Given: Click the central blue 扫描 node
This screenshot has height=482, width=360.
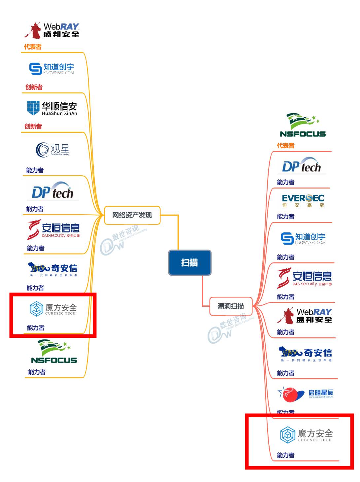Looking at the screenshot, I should click(190, 263).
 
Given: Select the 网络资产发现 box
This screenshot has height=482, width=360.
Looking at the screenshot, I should click(132, 215).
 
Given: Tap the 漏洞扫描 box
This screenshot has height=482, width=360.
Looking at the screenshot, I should click(231, 306).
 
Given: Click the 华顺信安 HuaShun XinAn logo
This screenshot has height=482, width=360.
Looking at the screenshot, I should click(52, 108).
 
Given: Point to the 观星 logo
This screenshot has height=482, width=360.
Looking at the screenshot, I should click(53, 150).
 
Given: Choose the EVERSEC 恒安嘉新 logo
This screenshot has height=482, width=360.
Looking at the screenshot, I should click(303, 200).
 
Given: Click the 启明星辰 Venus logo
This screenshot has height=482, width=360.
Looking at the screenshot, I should click(305, 394).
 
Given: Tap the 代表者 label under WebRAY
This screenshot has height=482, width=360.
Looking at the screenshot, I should click(33, 47).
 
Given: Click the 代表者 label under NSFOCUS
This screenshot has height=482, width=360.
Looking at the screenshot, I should click(285, 146).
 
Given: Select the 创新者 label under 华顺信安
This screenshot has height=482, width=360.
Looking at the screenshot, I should click(33, 126).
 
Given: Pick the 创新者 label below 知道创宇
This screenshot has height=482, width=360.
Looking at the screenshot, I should click(34, 87).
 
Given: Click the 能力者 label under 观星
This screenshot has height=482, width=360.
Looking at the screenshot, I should click(35, 170).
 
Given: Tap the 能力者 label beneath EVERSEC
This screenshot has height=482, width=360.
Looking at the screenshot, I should click(285, 217).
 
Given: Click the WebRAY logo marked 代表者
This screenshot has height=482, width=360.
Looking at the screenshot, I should click(52, 30).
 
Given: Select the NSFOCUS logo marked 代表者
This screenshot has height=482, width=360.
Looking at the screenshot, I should click(303, 125).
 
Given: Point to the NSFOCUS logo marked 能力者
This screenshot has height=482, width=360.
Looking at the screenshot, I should click(54, 352).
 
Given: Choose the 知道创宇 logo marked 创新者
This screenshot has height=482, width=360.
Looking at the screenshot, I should click(51, 69).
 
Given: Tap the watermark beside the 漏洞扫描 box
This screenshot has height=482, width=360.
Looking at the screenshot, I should click(231, 327).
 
